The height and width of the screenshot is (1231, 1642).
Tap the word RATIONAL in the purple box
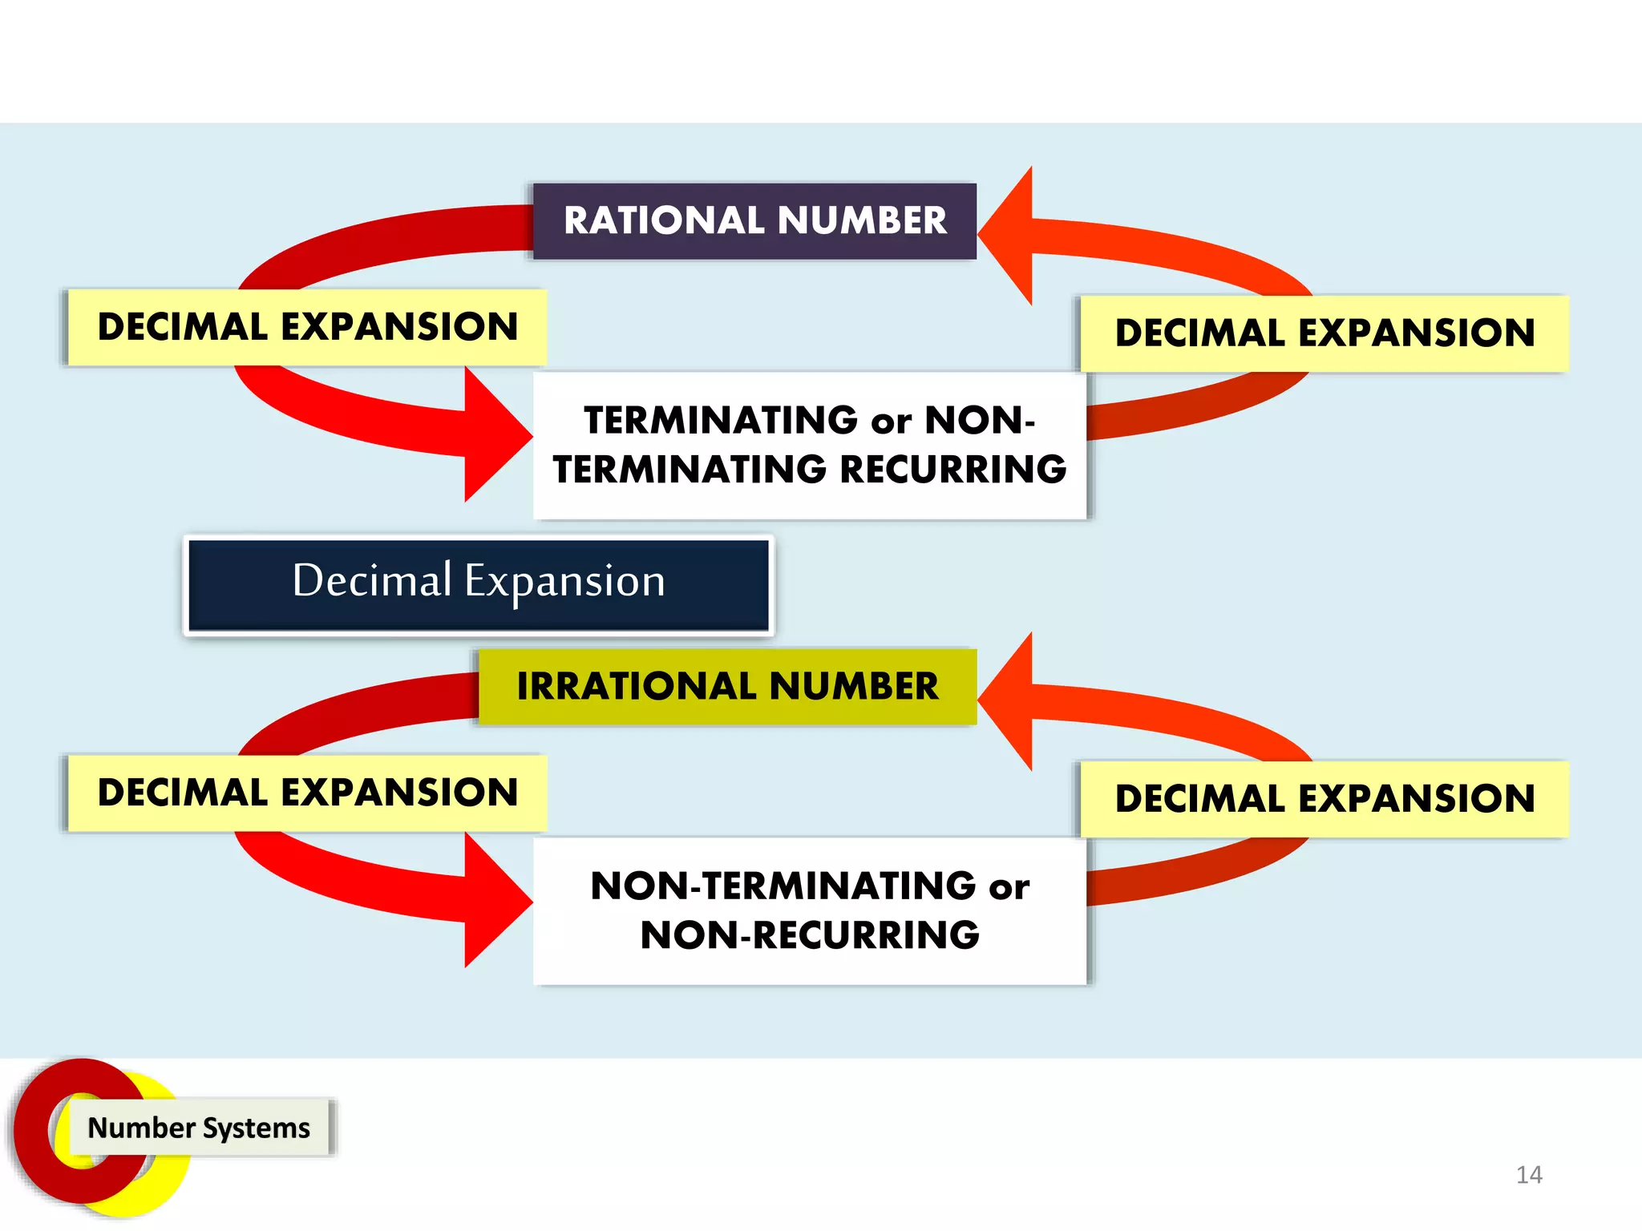tap(664, 220)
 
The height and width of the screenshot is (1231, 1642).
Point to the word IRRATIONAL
tap(637, 687)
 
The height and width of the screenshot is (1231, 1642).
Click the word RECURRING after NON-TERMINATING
tap(953, 470)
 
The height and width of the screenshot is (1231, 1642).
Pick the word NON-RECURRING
tap(810, 935)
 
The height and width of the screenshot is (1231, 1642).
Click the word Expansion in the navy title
tap(564, 581)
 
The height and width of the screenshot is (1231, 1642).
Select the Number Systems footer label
tap(199, 1128)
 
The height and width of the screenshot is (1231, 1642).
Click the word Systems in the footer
tap(256, 1128)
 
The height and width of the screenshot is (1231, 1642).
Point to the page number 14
tap(1529, 1175)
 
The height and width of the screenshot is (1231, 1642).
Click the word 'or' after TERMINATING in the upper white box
tap(892, 422)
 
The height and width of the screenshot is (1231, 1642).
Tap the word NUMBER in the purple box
tap(862, 220)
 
